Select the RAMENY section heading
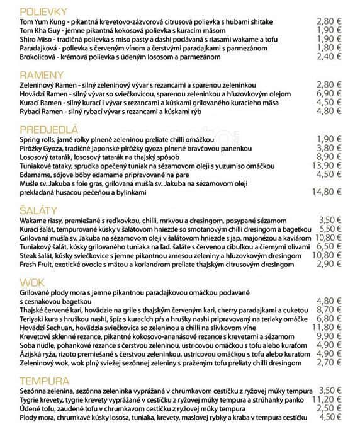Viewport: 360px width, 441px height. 38,74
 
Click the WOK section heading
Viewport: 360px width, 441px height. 31,283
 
